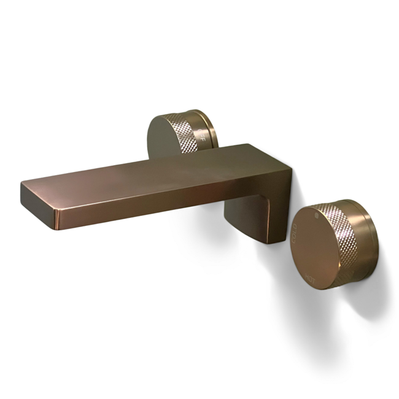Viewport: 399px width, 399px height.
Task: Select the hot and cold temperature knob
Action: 335,242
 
